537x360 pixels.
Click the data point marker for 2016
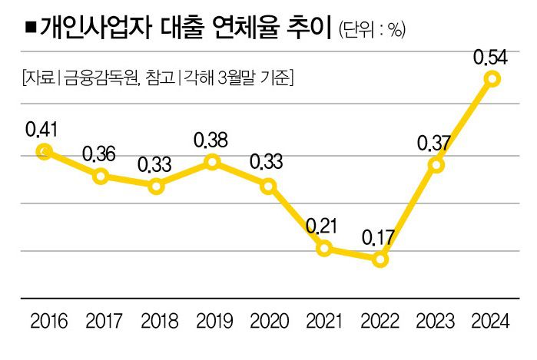click(x=44, y=150)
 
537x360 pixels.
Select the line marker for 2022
click(x=380, y=260)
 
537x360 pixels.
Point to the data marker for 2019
click(x=212, y=161)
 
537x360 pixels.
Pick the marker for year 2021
click(x=324, y=248)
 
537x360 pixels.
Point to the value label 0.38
click(x=212, y=139)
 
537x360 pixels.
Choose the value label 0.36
click(x=100, y=154)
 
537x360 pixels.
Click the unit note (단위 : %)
click(x=371, y=30)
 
